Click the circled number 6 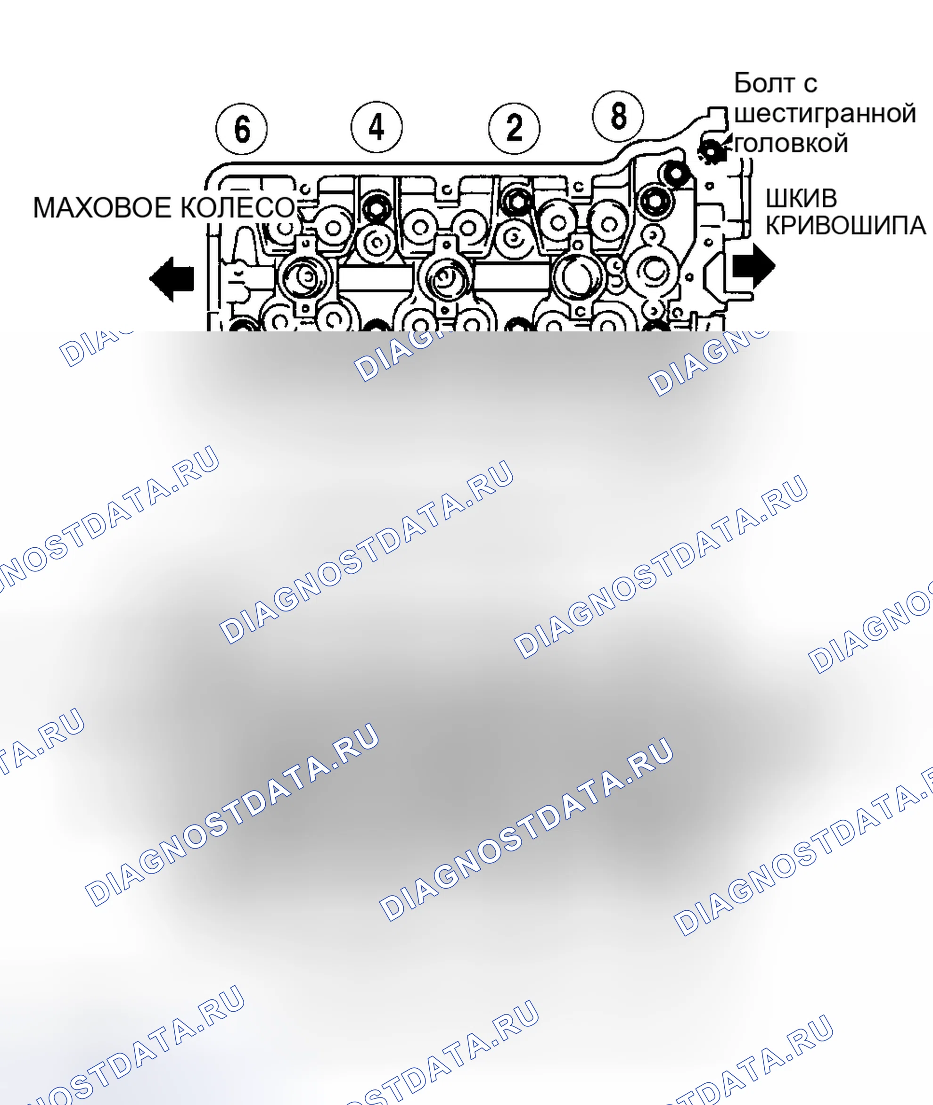[x=242, y=129]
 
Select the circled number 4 [x=376, y=127]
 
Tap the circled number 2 [x=514, y=128]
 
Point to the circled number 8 [x=618, y=116]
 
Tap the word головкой [x=792, y=143]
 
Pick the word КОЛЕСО [x=238, y=207]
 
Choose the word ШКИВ [x=802, y=199]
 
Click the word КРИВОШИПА [x=845, y=225]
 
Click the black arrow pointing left [x=172, y=279]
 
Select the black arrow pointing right [x=753, y=264]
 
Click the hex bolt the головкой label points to [x=712, y=151]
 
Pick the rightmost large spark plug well [x=578, y=276]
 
